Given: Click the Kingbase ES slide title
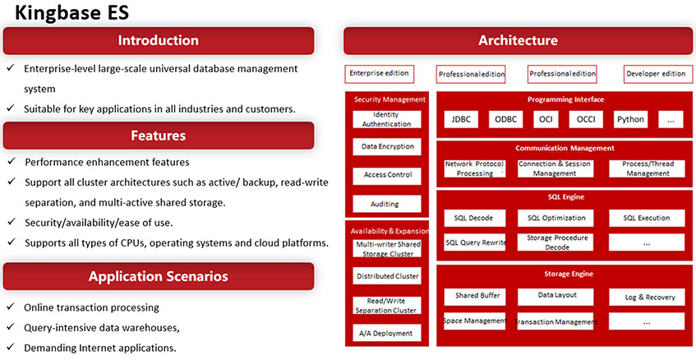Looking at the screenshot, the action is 72,12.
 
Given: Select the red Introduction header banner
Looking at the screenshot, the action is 159,40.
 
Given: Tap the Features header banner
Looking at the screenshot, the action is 159,136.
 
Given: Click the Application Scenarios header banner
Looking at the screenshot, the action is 159,276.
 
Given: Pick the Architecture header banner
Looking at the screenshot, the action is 518,40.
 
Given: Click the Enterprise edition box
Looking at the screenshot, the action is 379,74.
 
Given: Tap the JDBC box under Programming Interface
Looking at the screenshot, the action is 461,119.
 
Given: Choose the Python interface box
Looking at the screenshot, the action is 630,119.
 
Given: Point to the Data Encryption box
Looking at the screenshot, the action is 387,146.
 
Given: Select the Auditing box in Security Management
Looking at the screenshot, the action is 387,204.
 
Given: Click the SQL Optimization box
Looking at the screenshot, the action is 555,218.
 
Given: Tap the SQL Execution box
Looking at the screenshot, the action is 647,218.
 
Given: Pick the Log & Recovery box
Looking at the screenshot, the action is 647,297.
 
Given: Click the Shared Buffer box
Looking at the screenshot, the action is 475,297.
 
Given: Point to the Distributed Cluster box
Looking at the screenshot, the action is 387,276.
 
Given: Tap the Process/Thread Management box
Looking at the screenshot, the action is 647,168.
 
